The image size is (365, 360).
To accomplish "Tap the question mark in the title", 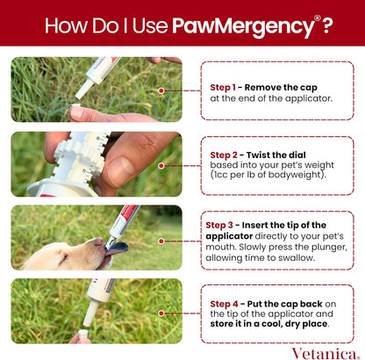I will click(326, 24).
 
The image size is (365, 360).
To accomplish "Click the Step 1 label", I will click(224, 88).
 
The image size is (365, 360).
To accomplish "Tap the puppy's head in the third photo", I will click(61, 253).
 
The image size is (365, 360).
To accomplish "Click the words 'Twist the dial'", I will click(275, 155).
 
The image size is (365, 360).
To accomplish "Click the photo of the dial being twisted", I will click(96, 163).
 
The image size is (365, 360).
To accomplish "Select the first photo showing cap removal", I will click(96, 90).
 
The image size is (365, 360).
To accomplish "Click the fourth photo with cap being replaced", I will click(96, 311).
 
